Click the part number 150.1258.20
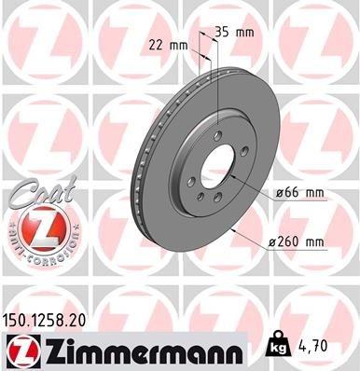click(54, 320)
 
